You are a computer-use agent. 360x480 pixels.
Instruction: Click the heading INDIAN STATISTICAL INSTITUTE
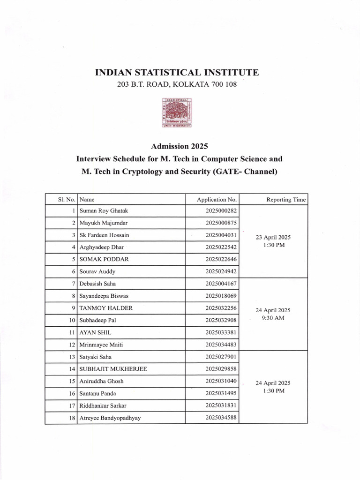pos(177,73)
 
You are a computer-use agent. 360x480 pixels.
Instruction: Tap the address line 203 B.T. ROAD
pos(177,85)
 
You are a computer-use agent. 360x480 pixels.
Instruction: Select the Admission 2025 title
pos(180,147)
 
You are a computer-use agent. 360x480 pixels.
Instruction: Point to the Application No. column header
pos(217,199)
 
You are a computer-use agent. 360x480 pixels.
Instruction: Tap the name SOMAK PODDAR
pos(104,259)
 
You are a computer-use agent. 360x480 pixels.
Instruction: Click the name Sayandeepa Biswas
pos(106,296)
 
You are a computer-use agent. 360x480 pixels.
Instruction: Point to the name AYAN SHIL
pos(96,332)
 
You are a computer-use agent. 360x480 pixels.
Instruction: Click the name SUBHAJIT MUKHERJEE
pos(113,369)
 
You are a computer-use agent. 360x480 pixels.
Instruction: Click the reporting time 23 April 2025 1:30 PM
pos(273,241)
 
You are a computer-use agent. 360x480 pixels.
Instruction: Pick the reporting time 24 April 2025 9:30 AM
pos(273,314)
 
